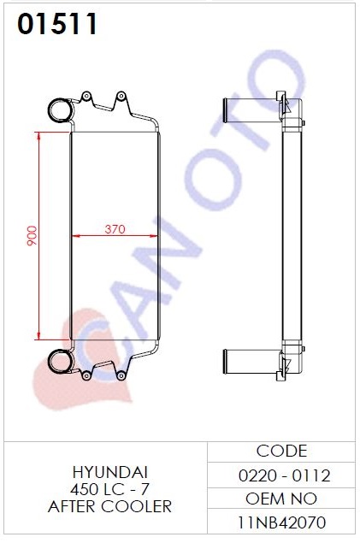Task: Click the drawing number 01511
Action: (57, 24)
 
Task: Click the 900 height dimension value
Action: (32, 235)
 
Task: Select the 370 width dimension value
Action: (115, 229)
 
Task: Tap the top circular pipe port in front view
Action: (60, 110)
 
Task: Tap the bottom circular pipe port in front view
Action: (60, 361)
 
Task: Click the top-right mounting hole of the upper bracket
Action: (121, 97)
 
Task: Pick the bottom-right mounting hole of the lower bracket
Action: (121, 375)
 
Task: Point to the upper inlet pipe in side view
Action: (251, 110)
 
